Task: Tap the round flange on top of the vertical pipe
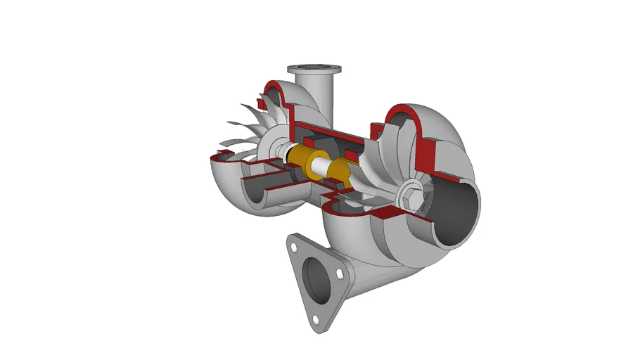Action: click(314, 70)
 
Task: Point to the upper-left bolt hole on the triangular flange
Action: click(292, 245)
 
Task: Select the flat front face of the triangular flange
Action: click(299, 295)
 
